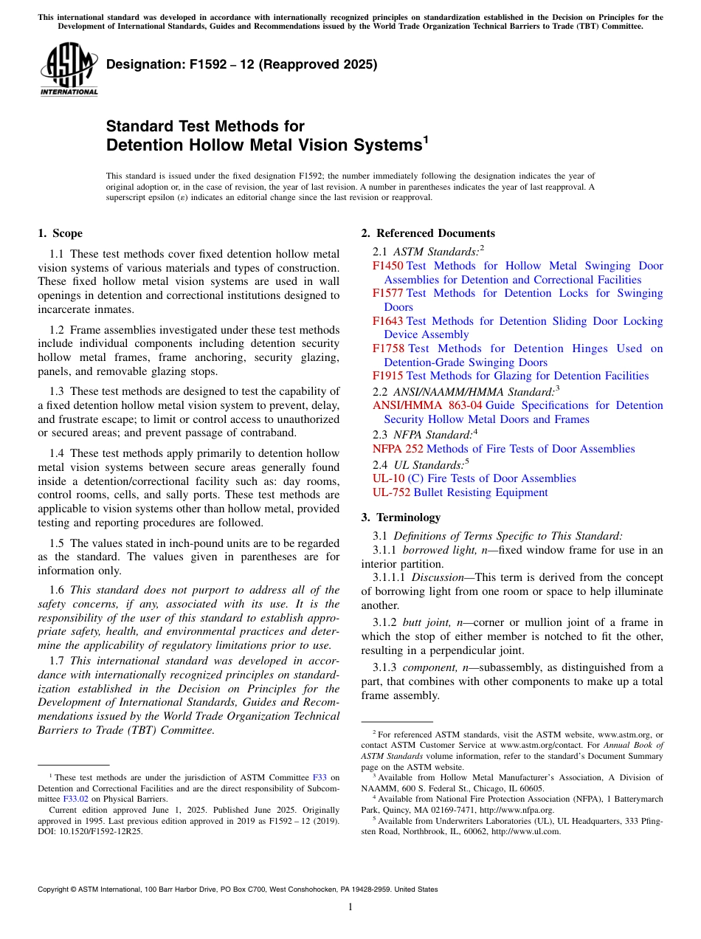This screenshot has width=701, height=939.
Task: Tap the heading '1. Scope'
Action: [61, 233]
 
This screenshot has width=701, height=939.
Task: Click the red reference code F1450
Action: [388, 266]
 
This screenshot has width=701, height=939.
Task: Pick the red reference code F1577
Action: [388, 293]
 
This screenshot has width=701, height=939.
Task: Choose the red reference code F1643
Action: [388, 321]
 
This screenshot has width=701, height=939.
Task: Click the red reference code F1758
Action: [388, 348]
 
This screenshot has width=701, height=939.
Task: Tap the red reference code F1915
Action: [388, 376]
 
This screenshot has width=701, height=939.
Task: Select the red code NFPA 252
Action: [398, 449]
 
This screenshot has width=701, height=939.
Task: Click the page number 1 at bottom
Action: [350, 907]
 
